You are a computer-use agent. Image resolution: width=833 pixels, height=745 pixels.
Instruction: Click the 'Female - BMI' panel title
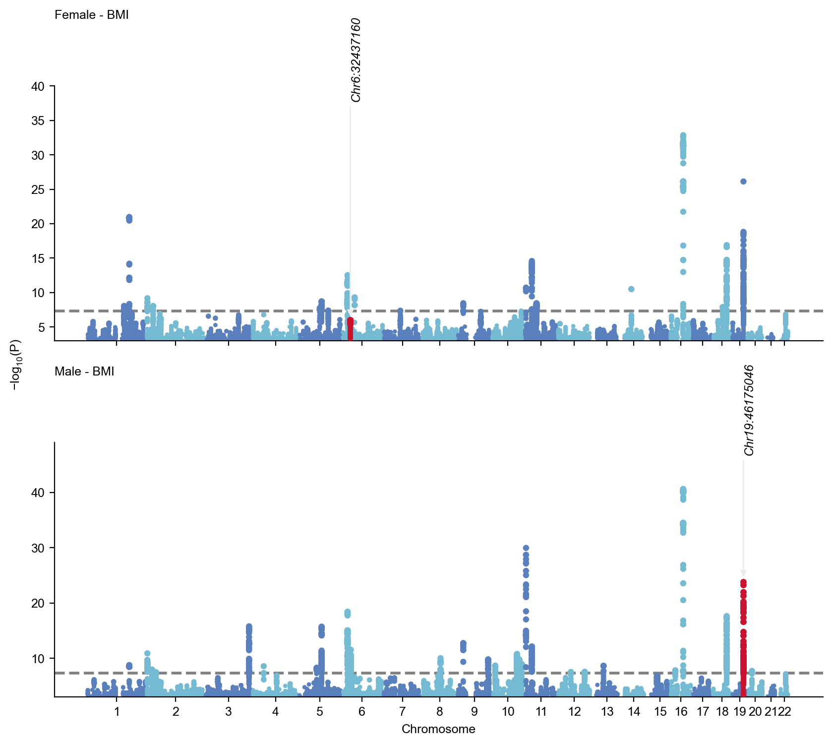click(x=91, y=15)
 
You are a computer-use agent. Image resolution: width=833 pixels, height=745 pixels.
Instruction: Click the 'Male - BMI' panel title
click(x=84, y=372)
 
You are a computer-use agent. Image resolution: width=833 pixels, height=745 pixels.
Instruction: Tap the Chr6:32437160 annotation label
click(x=356, y=60)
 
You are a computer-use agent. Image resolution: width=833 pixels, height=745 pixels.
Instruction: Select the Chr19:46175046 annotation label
click(x=749, y=410)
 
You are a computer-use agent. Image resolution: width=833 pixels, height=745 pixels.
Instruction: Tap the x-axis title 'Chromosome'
click(x=438, y=729)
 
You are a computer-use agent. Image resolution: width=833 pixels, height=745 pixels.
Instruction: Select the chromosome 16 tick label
click(x=681, y=712)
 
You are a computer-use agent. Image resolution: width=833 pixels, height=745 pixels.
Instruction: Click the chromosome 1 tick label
click(x=117, y=712)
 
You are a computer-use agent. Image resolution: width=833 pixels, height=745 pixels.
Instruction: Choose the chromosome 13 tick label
click(x=607, y=712)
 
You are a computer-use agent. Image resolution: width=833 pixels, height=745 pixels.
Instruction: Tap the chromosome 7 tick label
click(x=402, y=712)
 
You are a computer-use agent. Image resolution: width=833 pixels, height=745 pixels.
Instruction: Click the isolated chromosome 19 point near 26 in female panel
click(x=743, y=182)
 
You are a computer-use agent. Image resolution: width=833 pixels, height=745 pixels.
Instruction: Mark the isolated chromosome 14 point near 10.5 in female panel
click(x=631, y=289)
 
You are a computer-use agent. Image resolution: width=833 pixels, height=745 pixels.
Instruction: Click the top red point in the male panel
click(x=743, y=582)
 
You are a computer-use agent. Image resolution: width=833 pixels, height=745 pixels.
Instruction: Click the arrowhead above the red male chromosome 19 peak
click(x=743, y=573)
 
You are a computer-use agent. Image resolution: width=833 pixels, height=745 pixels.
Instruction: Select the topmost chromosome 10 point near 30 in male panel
click(x=526, y=548)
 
